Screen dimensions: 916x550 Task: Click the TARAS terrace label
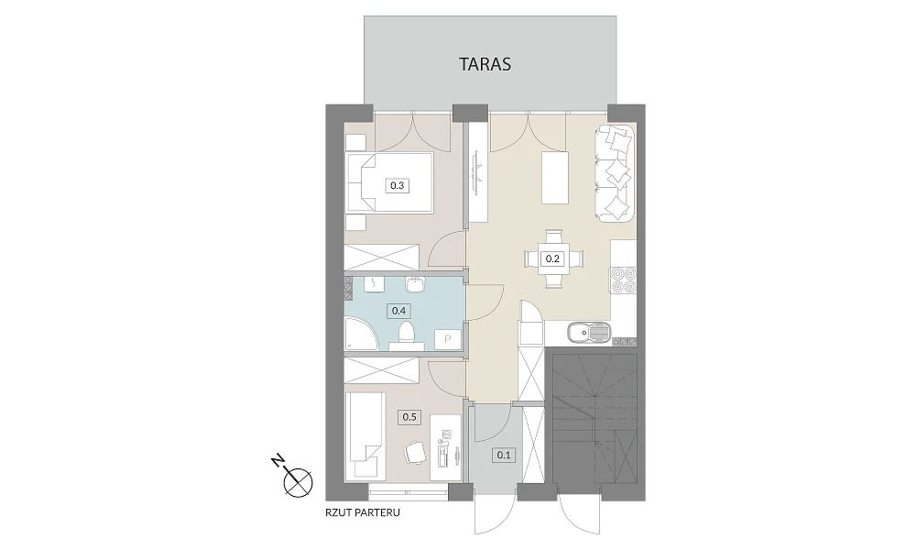coord(485,64)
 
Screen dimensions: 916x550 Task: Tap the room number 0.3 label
coord(397,186)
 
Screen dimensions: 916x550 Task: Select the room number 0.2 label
coord(552,258)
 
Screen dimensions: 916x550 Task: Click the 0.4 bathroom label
coord(398,311)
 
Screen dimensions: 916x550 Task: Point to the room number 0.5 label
coord(409,417)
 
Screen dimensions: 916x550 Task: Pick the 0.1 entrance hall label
coord(504,454)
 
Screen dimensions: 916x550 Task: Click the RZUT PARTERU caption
coord(363,513)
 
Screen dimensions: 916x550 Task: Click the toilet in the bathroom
coord(406,337)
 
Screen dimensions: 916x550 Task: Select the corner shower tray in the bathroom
coord(359,335)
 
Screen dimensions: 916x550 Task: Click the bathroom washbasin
coord(416,283)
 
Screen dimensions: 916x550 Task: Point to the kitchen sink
coord(588,335)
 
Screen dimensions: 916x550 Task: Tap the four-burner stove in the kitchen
coord(622,280)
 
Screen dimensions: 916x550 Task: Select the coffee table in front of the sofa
coord(555,178)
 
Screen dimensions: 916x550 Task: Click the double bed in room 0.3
coord(389,184)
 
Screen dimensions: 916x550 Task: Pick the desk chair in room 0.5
coord(415,452)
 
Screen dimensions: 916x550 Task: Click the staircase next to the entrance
coord(594,419)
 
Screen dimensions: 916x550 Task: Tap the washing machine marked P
coord(448,339)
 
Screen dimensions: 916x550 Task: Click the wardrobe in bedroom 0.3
coord(382,257)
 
